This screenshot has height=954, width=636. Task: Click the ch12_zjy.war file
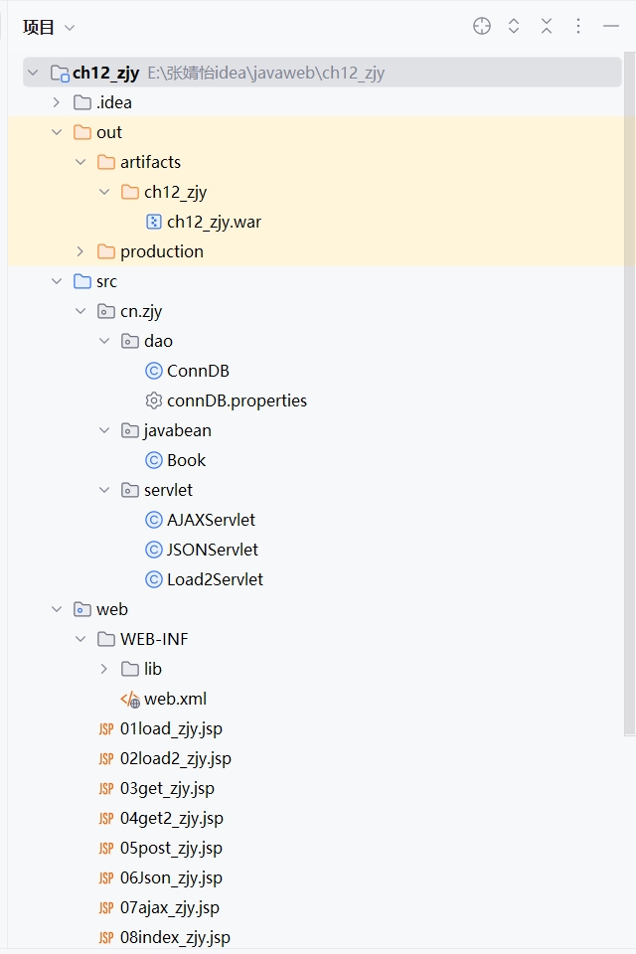(214, 222)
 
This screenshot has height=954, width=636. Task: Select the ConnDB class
(198, 371)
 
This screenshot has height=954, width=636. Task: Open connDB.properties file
(237, 400)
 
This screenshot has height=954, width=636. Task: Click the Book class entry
(186, 460)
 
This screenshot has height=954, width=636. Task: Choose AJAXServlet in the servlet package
(211, 520)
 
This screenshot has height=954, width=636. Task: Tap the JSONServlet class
(212, 550)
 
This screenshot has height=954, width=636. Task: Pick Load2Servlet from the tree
(215, 579)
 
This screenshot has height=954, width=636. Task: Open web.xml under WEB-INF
(175, 699)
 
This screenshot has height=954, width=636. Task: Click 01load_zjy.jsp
(171, 728)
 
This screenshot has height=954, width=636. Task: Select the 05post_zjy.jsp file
(171, 848)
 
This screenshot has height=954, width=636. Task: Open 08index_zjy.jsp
(175, 937)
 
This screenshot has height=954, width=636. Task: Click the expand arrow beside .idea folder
(57, 102)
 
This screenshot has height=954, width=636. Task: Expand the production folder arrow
(80, 251)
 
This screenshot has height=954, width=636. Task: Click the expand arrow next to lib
(104, 669)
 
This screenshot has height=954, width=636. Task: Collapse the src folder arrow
(57, 281)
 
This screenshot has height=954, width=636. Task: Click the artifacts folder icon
(105, 162)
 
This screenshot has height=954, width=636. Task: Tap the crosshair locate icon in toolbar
(482, 27)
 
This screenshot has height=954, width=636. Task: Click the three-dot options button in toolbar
(578, 27)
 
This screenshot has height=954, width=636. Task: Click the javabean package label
(177, 430)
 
